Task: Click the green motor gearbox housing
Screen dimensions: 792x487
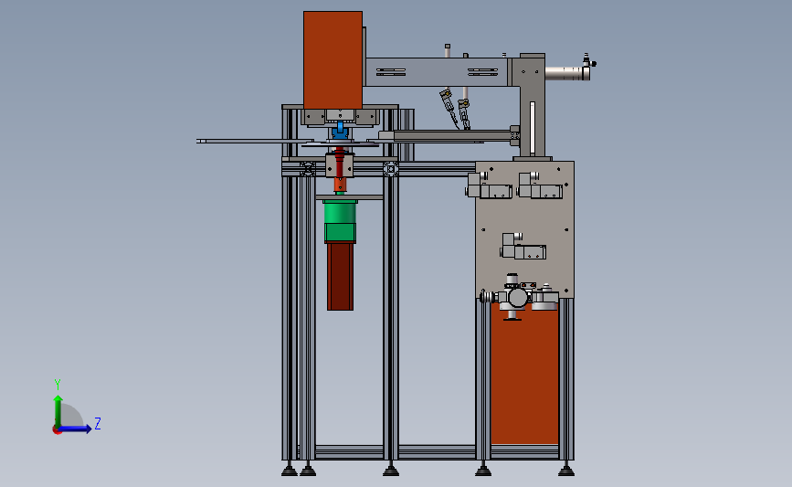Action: [x=340, y=221]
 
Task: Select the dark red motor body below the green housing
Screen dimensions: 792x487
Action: [x=340, y=276]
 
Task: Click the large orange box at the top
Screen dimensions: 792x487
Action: [x=333, y=60]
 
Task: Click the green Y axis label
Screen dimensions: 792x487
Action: [x=58, y=385]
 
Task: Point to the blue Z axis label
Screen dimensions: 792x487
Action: [x=98, y=423]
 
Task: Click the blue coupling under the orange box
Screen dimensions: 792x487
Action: [x=340, y=130]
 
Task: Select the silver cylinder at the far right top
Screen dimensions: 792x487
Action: [x=565, y=73]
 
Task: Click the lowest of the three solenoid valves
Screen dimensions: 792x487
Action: [x=523, y=247]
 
